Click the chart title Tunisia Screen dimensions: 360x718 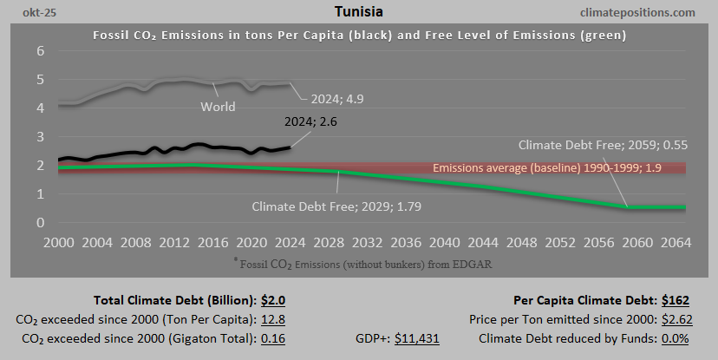click(x=358, y=12)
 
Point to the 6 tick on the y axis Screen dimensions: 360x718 click(x=40, y=51)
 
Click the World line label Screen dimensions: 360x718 click(x=218, y=107)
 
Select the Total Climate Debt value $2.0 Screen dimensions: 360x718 click(x=273, y=301)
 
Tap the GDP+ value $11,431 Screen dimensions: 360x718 click(x=416, y=337)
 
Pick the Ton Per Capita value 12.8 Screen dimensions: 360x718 click(x=273, y=319)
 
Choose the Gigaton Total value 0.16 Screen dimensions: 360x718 click(x=273, y=337)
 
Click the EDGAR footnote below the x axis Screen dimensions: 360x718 click(x=357, y=259)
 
